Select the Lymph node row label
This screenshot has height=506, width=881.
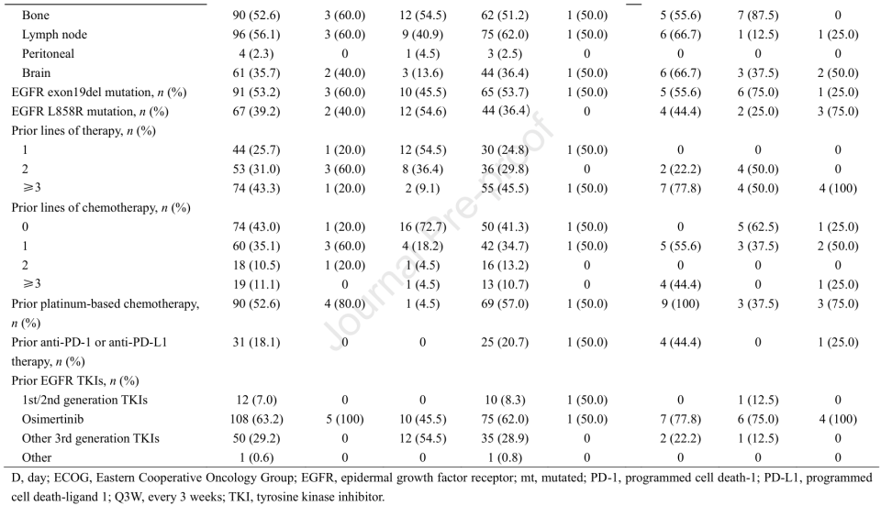click(x=51, y=34)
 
